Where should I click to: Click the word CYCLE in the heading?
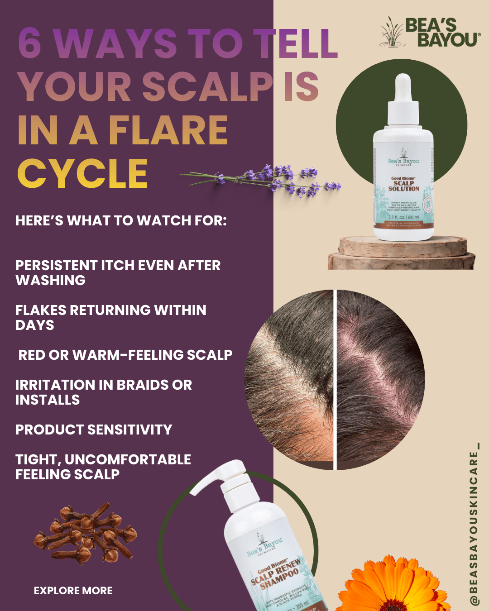click(x=82, y=173)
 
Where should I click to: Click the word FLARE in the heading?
click(x=168, y=130)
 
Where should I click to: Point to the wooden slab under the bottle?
click(x=401, y=253)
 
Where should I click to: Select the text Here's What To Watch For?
click(x=121, y=220)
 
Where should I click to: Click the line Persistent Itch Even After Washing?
click(x=118, y=272)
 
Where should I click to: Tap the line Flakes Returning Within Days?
click(x=110, y=317)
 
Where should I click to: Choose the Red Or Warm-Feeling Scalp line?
click(x=125, y=355)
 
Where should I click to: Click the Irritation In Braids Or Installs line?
click(x=103, y=392)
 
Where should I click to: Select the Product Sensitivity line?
click(x=94, y=430)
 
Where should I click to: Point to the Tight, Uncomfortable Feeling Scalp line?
click(x=103, y=467)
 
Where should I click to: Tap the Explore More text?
click(x=73, y=591)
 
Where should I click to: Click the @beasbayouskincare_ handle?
click(x=474, y=525)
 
